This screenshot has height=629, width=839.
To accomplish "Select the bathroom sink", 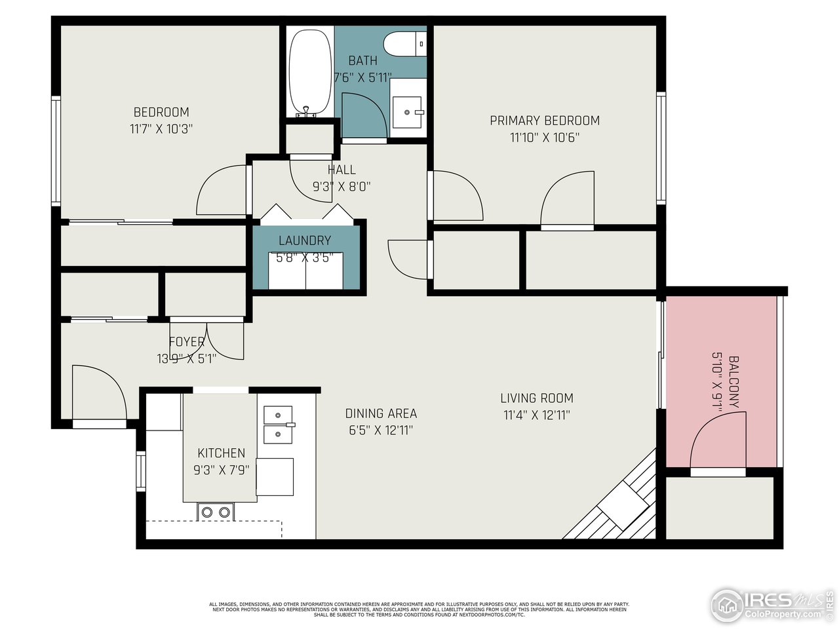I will pyautogui.click(x=408, y=112).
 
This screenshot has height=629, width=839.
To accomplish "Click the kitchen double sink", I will pyautogui.click(x=279, y=425).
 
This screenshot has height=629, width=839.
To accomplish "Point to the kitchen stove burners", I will pyautogui.click(x=216, y=512).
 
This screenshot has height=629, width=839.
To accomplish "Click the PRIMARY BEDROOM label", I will pyautogui.click(x=545, y=121).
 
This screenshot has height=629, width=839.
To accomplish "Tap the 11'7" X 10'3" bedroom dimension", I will pyautogui.click(x=161, y=129).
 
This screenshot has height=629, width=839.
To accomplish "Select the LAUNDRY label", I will pyautogui.click(x=305, y=240).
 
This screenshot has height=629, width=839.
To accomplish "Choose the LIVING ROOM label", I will pyautogui.click(x=537, y=398).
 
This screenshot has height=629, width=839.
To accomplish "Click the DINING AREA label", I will pyautogui.click(x=381, y=413).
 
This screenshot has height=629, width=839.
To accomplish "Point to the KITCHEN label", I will pyautogui.click(x=222, y=453).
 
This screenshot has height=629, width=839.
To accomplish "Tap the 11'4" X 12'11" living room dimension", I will pyautogui.click(x=537, y=415).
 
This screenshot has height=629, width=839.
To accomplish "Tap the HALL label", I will pyautogui.click(x=341, y=170).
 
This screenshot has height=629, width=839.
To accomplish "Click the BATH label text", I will pyautogui.click(x=362, y=61).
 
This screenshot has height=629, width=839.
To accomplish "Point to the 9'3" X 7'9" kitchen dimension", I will pyautogui.click(x=222, y=469).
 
